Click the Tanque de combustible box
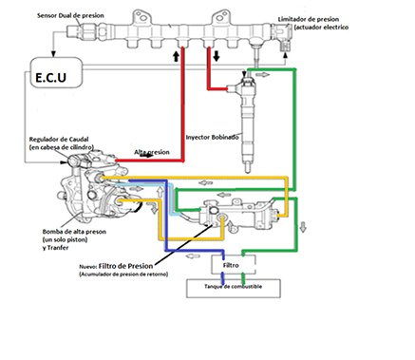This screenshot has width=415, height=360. coord(231,286)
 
